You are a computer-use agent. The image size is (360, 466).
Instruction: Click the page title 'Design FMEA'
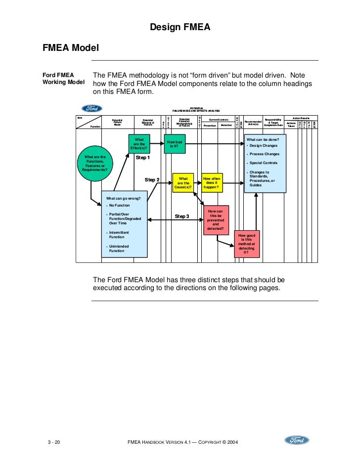point(180,28)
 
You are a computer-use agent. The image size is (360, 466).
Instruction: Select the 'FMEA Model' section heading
point(71,48)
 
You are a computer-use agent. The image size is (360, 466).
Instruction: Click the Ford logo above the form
point(91,108)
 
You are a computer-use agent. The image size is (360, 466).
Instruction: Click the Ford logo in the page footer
point(297,440)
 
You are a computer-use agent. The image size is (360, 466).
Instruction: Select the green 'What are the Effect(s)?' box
point(139,144)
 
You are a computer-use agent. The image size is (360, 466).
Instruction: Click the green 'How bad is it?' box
point(175,144)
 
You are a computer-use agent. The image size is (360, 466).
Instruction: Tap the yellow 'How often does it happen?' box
point(212,182)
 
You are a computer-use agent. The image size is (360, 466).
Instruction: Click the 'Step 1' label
point(142,158)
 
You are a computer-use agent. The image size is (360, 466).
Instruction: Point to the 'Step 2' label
point(152,180)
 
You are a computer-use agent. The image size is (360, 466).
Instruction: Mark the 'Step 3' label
point(182,216)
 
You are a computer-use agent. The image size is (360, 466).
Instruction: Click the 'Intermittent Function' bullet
point(119,235)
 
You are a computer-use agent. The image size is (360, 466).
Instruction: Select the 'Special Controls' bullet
point(263,163)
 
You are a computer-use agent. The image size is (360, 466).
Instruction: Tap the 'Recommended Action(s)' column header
point(253,123)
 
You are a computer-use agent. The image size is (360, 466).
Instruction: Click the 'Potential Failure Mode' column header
point(117,123)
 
